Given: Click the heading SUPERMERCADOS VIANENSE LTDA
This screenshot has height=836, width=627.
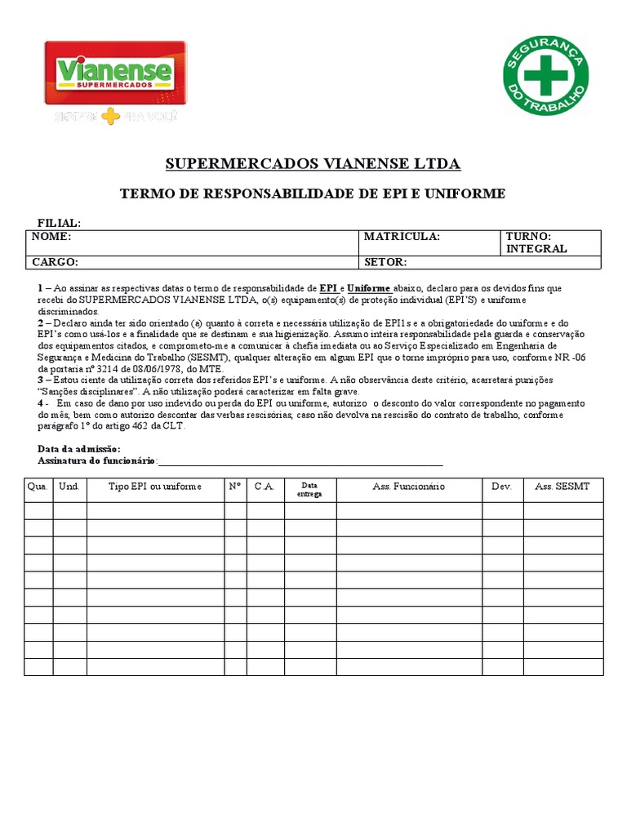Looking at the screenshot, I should (313, 164).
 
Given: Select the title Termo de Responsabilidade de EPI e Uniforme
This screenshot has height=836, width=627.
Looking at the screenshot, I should (313, 193).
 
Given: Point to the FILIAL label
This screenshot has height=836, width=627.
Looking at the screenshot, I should (59, 223).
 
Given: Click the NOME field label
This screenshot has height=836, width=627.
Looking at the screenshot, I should (51, 237).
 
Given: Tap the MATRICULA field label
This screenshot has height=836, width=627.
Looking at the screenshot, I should (402, 237).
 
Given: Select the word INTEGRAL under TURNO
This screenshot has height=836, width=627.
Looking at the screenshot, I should (536, 249).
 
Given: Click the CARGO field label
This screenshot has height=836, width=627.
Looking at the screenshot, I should (55, 262).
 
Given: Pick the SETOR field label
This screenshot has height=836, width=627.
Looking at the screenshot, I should (385, 262).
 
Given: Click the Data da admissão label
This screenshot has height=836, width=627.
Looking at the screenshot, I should (79, 449).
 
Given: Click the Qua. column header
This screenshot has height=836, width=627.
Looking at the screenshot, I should (38, 487).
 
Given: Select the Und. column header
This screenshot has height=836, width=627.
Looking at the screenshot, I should (69, 487).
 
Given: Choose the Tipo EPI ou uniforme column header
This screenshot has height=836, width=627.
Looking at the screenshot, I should (155, 487).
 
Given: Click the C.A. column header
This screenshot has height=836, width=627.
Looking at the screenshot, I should (265, 487).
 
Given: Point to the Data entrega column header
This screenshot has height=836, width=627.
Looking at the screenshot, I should (309, 489).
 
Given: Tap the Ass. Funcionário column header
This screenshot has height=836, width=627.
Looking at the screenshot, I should (408, 487).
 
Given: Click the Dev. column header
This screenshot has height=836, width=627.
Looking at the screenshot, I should (501, 487).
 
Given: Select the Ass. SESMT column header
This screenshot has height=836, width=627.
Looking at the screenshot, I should (563, 487).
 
